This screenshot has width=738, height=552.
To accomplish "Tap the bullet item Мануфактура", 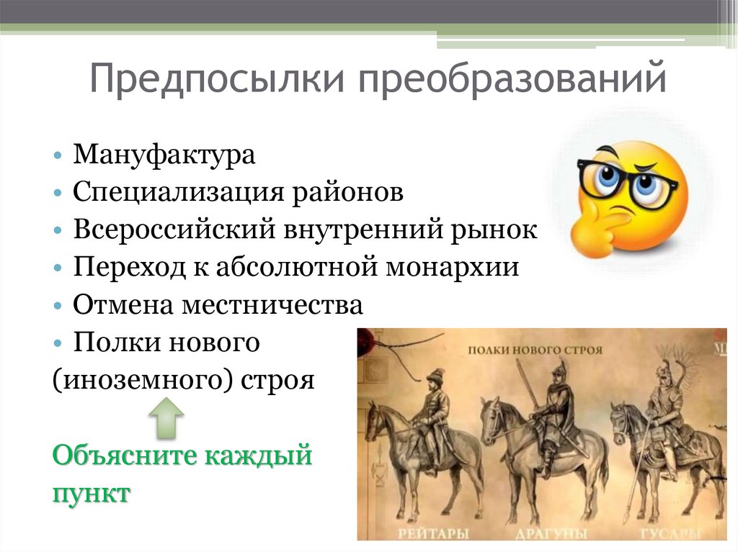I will tap(164, 155).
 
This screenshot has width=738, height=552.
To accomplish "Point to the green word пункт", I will tap(91, 494).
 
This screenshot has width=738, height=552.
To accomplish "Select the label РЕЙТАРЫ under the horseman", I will tap(433, 533).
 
